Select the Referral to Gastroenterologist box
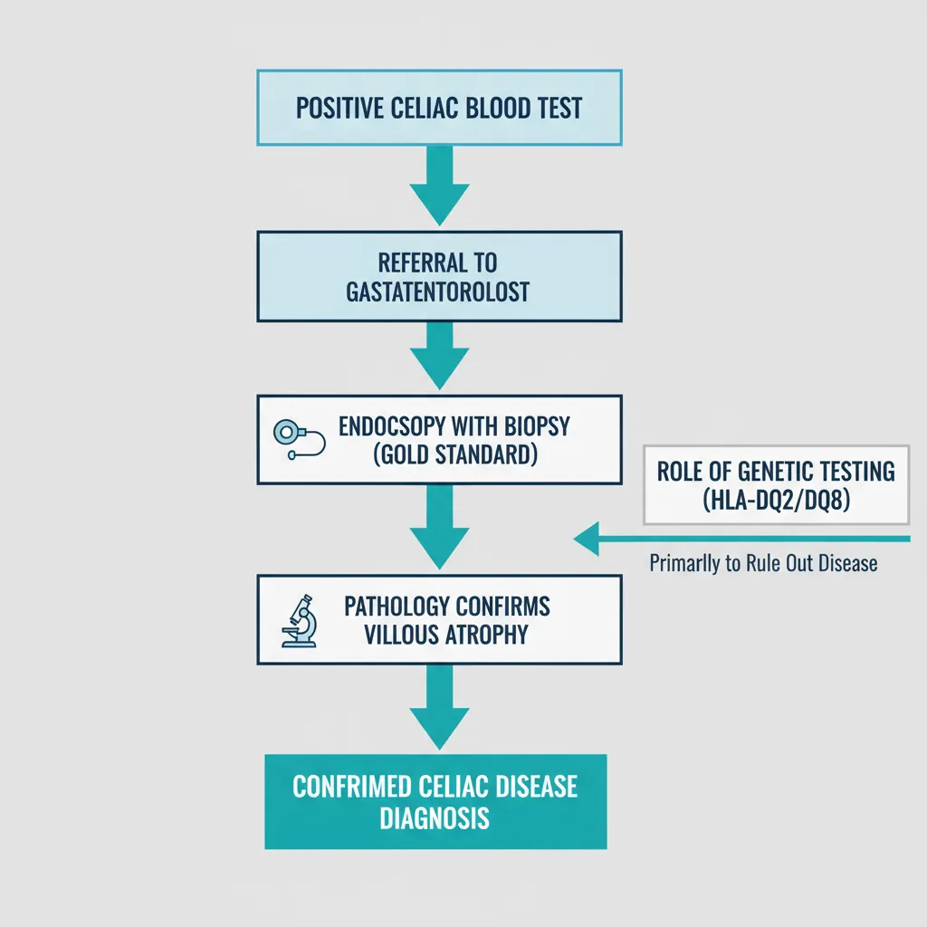(x=439, y=276)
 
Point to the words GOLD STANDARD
(x=455, y=454)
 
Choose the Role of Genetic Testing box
(x=776, y=484)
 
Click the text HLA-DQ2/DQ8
(x=776, y=499)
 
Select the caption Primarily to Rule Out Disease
(x=763, y=563)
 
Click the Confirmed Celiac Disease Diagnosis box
(x=435, y=801)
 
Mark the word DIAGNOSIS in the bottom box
(x=435, y=817)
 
